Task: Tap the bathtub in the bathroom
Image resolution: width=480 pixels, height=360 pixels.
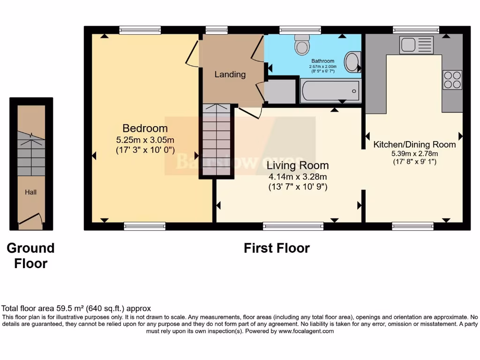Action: click(330, 91)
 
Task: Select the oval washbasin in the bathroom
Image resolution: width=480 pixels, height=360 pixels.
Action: click(352, 62)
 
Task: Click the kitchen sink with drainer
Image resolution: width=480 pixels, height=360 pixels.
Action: click(416, 45)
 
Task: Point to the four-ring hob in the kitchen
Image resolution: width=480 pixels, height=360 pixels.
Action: click(452, 80)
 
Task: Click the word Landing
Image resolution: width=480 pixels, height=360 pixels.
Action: click(230, 75)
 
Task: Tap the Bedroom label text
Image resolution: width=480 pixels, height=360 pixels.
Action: click(145, 128)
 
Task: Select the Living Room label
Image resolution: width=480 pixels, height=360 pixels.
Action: click(298, 165)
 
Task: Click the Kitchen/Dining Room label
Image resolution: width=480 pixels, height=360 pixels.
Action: click(414, 144)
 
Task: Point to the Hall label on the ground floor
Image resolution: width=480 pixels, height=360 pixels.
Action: click(31, 192)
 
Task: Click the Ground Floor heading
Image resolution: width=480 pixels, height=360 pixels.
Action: click(30, 255)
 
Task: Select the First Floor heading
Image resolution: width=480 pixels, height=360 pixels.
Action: click(277, 248)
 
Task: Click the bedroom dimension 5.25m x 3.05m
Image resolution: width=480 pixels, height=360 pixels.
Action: click(145, 140)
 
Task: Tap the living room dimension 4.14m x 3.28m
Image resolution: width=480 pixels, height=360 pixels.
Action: click(298, 177)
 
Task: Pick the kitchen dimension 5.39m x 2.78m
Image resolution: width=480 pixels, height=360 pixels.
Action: click(415, 153)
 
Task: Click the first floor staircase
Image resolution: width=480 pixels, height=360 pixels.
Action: click(217, 141)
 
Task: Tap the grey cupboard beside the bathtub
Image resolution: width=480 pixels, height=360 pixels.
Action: click(280, 91)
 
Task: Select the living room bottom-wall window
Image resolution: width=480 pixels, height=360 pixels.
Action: click(293, 226)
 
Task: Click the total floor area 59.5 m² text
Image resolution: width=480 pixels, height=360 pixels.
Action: click(76, 308)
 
